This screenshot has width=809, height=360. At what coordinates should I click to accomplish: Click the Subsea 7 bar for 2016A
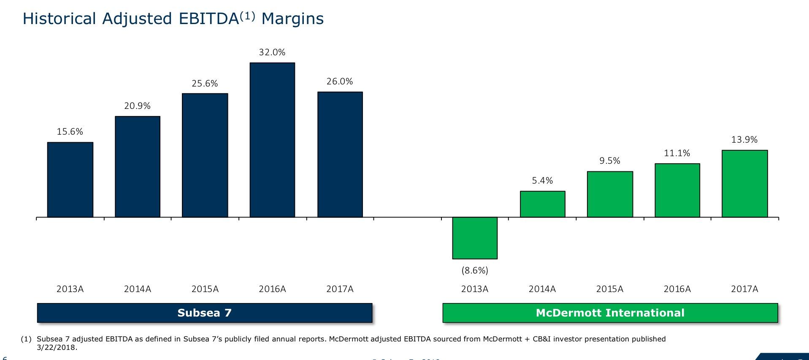[x=272, y=140]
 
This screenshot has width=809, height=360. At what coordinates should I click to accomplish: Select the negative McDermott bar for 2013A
[x=475, y=238]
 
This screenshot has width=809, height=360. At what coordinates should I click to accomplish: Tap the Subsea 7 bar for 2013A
[x=70, y=180]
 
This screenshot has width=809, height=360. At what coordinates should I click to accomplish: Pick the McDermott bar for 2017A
[x=744, y=184]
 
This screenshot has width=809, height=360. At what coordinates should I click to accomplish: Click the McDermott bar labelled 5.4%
[x=542, y=204]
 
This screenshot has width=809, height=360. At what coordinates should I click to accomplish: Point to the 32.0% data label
[x=272, y=52]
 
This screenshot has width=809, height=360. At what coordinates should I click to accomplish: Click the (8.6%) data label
[x=475, y=271]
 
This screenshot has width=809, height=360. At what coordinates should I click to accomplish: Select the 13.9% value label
[x=744, y=140]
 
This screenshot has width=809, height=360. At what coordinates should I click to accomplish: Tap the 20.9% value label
[x=137, y=106]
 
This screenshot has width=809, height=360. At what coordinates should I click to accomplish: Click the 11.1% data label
[x=677, y=153]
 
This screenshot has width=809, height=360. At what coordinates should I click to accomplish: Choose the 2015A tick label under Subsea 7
[x=205, y=289]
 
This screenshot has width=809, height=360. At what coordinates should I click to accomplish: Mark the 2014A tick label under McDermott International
[x=542, y=289]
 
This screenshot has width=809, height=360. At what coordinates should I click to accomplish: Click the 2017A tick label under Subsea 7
[x=340, y=289]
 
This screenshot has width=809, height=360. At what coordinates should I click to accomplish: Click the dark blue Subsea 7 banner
[x=205, y=313]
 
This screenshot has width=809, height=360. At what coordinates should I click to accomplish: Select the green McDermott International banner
[x=610, y=313]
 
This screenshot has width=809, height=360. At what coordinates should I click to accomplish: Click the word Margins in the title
[x=292, y=19]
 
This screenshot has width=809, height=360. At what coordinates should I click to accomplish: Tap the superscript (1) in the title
[x=247, y=16]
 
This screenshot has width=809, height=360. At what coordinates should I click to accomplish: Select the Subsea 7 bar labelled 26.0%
[x=340, y=154]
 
